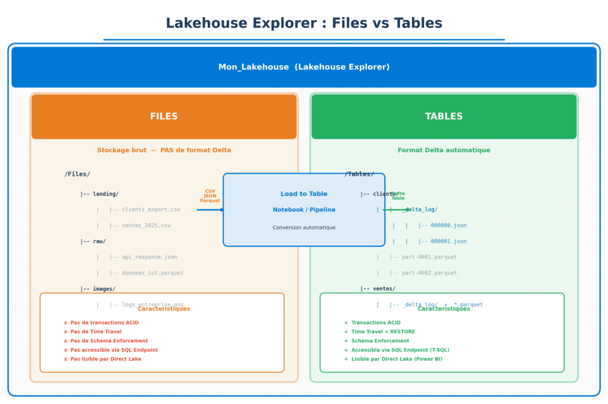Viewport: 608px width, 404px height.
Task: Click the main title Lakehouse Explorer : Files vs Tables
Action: tap(303, 23)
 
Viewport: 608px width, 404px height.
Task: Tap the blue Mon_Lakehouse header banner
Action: tap(303, 67)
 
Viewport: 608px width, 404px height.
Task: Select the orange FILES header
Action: tap(164, 116)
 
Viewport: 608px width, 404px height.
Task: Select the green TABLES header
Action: tap(444, 116)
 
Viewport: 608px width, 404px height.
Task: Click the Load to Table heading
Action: tap(303, 194)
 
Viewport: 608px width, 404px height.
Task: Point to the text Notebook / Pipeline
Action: tap(303, 210)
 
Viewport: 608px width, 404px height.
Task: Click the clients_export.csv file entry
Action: tap(151, 210)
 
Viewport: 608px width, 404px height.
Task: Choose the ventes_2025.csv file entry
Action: tap(146, 226)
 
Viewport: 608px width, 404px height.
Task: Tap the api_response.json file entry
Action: tap(149, 257)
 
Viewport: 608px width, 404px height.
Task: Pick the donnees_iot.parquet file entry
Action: tap(153, 273)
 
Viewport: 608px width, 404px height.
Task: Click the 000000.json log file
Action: tap(448, 226)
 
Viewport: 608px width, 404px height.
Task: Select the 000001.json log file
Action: tap(448, 242)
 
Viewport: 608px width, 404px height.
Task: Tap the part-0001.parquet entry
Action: tap(429, 257)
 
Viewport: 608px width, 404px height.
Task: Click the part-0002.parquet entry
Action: tap(429, 273)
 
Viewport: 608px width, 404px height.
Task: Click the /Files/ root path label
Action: tap(77, 174)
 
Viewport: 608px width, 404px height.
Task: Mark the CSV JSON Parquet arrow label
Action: tap(210, 196)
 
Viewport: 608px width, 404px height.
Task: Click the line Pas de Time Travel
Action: tap(96, 332)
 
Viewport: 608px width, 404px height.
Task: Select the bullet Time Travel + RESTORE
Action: tap(383, 332)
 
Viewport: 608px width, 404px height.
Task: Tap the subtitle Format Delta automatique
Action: tap(444, 150)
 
